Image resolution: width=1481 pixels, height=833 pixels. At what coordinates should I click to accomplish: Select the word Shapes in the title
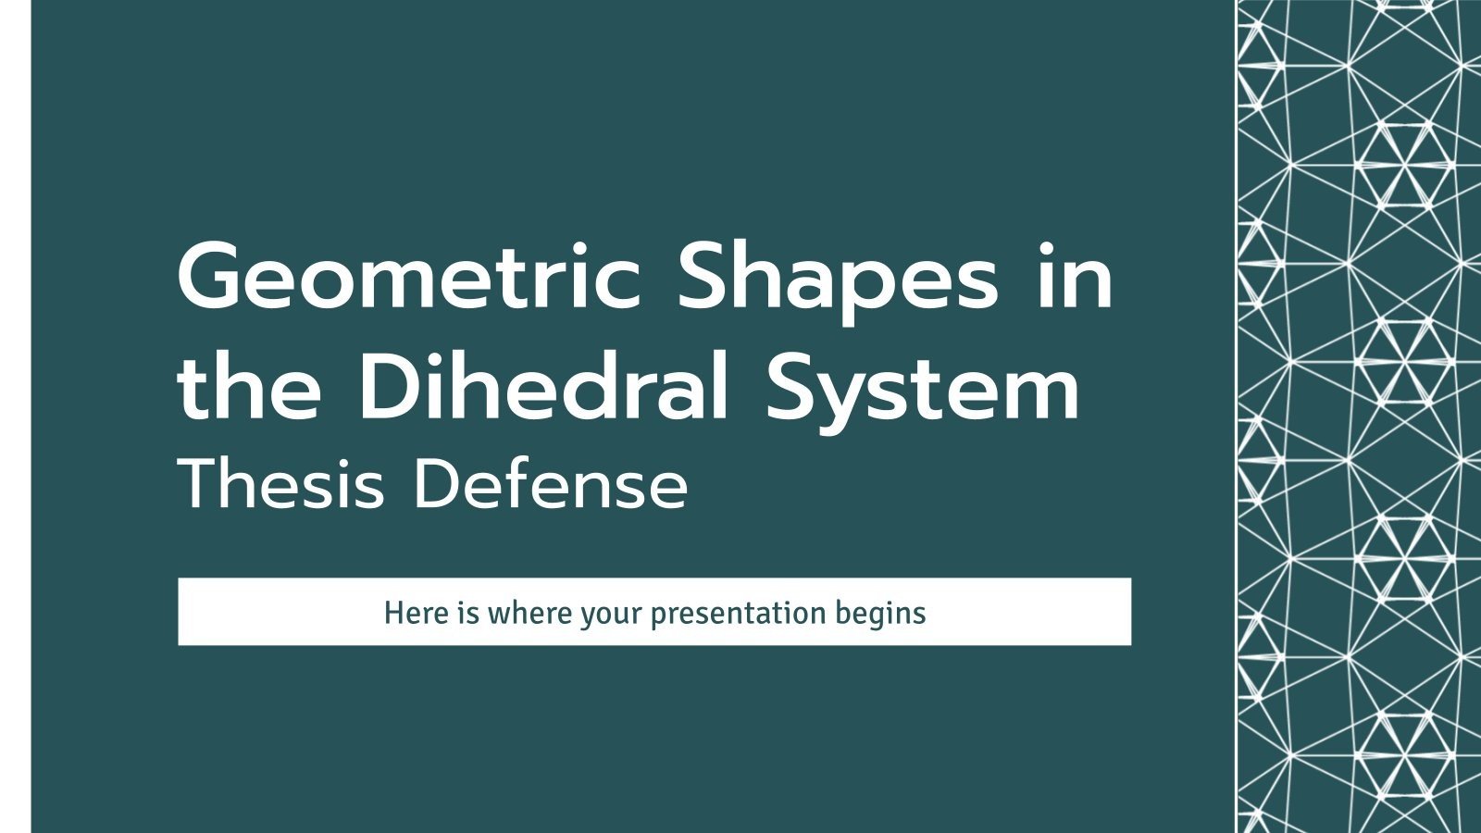tap(838, 278)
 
